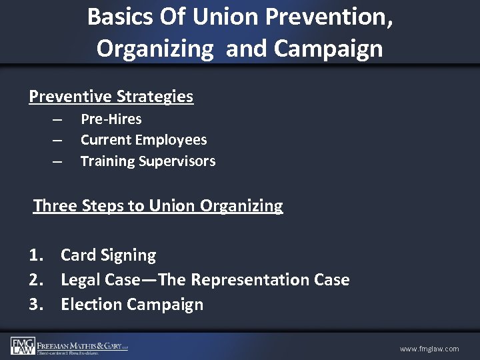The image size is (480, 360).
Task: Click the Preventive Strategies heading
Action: point(111,97)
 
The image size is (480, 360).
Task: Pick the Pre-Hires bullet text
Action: point(111,119)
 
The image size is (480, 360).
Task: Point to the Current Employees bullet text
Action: point(143,140)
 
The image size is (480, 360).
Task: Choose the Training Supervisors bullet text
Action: point(147,161)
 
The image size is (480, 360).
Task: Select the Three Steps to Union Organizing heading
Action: point(158,206)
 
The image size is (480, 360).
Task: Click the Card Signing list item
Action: point(108,255)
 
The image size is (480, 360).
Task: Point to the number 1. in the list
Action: point(37,255)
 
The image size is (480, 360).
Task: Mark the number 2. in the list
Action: point(37,280)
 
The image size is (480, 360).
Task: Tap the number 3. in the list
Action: point(37,305)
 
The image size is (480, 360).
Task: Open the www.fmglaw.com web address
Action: point(429,349)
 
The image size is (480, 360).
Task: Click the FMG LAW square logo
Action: point(23,346)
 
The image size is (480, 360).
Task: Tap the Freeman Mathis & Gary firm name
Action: point(82,345)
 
